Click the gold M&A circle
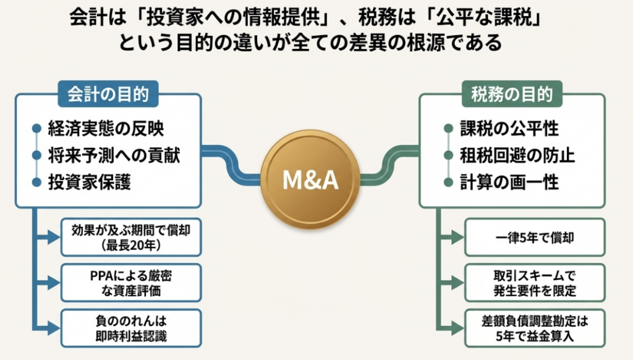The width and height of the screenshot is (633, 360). point(310,180)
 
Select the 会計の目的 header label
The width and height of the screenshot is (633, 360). point(108,95)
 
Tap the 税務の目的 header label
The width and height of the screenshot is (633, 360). point(512,95)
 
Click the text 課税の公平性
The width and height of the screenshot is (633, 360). point(509,129)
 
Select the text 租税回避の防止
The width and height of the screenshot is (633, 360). point(517,155)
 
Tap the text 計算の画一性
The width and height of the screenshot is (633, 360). point(509,182)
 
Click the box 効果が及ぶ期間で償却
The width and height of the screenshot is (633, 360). point(130,237)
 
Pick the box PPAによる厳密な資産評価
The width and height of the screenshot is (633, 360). point(130,282)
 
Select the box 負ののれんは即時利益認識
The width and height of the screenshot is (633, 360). point(130,328)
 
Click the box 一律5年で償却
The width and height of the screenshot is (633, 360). point(535,237)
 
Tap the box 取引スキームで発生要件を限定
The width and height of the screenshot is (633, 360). point(535,282)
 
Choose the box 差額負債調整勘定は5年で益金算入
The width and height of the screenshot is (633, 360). point(535,328)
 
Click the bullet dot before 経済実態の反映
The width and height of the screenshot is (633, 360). point(36,129)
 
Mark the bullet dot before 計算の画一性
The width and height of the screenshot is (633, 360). point(448,182)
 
